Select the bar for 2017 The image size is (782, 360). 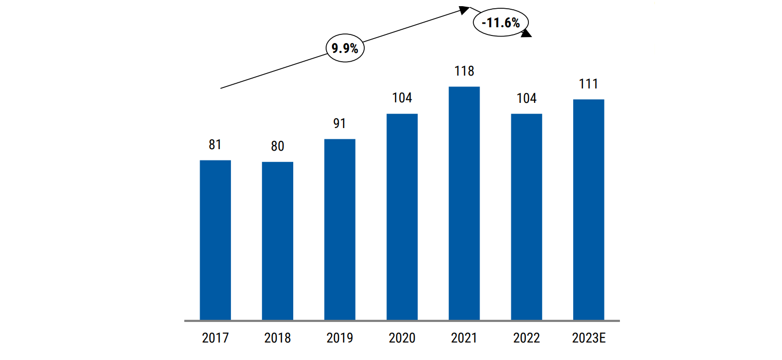pyautogui.click(x=215, y=240)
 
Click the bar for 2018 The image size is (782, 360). pyautogui.click(x=277, y=241)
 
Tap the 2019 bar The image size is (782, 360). pyautogui.click(x=340, y=230)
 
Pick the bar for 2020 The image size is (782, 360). pyautogui.click(x=402, y=217)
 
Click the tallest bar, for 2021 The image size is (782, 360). pyautogui.click(x=464, y=204)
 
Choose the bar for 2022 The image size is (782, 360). pyautogui.click(x=526, y=217)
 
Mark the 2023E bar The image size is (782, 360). pyautogui.click(x=589, y=210)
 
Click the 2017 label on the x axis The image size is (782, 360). pyautogui.click(x=215, y=338)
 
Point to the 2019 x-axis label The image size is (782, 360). pyautogui.click(x=340, y=338)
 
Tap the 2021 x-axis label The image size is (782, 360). pyautogui.click(x=464, y=338)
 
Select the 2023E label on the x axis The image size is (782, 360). pyautogui.click(x=589, y=338)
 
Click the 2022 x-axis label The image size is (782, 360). pyautogui.click(x=526, y=338)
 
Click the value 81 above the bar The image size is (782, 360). pyautogui.click(x=215, y=145)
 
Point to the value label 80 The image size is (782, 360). pyautogui.click(x=277, y=147)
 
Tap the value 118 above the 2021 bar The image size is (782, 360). pyautogui.click(x=464, y=71)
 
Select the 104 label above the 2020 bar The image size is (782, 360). pyautogui.click(x=402, y=98)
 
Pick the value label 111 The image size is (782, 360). pyautogui.click(x=589, y=84)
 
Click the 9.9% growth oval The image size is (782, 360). pyautogui.click(x=345, y=49)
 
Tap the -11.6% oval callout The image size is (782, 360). pyautogui.click(x=501, y=23)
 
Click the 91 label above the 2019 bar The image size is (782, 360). pyautogui.click(x=340, y=124)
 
